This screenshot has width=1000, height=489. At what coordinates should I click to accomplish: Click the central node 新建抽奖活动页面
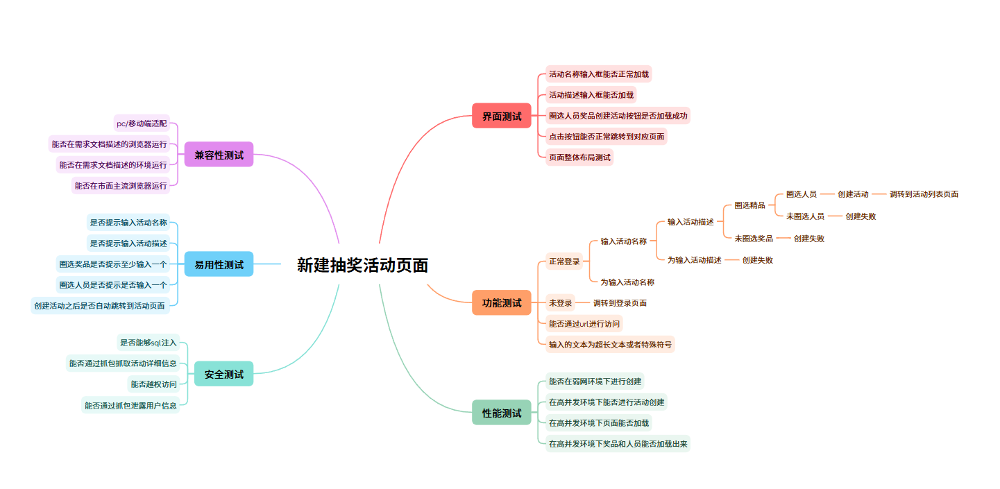coord(362,265)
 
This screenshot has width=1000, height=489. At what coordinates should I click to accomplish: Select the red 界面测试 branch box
coord(501,116)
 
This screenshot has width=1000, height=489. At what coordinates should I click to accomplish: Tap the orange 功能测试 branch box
coord(501,303)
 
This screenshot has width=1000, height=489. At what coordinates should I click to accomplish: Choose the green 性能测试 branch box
coord(501,413)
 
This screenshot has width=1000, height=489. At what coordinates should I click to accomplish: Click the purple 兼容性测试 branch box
coord(219,155)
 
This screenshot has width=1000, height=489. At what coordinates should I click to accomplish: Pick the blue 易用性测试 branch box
coord(219,264)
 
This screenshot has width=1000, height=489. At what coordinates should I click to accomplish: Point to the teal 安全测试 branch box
coord(223,374)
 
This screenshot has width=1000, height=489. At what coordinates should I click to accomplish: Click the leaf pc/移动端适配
coord(142,123)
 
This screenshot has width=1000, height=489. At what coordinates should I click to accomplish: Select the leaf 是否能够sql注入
coord(149,342)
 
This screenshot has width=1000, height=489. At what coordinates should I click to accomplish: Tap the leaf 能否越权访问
coord(153,384)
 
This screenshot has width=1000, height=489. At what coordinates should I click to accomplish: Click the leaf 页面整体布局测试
coord(579,157)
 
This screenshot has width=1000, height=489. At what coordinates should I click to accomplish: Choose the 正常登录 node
coord(563,261)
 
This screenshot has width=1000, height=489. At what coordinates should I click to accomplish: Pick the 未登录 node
coord(560,303)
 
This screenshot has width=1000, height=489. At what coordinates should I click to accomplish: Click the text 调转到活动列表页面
coord(924,194)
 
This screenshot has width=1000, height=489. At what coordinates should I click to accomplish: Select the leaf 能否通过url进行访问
coord(584,323)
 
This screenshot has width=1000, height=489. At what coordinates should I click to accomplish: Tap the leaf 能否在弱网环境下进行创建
coord(595,381)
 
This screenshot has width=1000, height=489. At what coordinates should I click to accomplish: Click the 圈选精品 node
coord(749,205)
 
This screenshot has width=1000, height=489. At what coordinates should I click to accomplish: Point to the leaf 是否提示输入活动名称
coord(128,223)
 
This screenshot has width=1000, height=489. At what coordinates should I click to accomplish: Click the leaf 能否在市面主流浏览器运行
coord(121,186)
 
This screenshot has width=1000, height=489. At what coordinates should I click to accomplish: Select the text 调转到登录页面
coord(620,303)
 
